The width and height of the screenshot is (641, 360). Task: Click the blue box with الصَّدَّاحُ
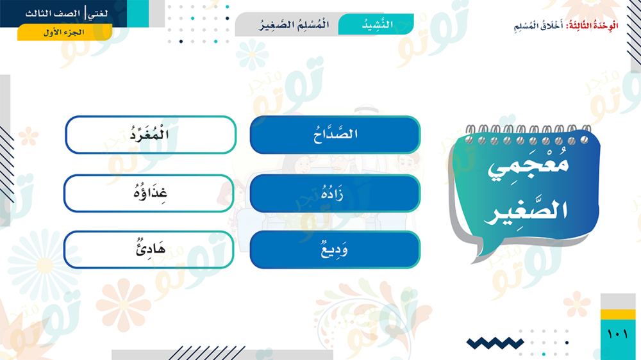(335, 135)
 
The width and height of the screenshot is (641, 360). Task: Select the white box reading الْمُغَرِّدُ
(151, 135)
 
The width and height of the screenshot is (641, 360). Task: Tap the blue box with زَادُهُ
(335, 193)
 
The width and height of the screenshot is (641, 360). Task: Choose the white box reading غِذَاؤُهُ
(149, 193)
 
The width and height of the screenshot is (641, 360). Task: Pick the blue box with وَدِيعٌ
(335, 250)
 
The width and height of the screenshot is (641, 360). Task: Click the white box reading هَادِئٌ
(149, 250)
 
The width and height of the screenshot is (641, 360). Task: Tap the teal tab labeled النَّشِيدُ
(376, 24)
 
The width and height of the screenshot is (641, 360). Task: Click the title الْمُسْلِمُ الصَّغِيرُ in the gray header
(294, 25)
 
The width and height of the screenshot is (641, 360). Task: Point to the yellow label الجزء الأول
(65, 32)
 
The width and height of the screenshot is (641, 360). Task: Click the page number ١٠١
(617, 334)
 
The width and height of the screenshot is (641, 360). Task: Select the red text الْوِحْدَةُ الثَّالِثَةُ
(592, 26)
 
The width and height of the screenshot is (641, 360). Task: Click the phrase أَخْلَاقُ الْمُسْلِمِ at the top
(538, 26)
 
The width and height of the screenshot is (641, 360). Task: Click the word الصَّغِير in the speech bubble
(526, 211)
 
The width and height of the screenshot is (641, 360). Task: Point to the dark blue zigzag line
(495, 343)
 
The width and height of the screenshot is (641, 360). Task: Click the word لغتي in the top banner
(98, 13)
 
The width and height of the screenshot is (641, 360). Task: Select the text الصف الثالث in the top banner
(53, 13)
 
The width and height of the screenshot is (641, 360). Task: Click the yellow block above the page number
(618, 315)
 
